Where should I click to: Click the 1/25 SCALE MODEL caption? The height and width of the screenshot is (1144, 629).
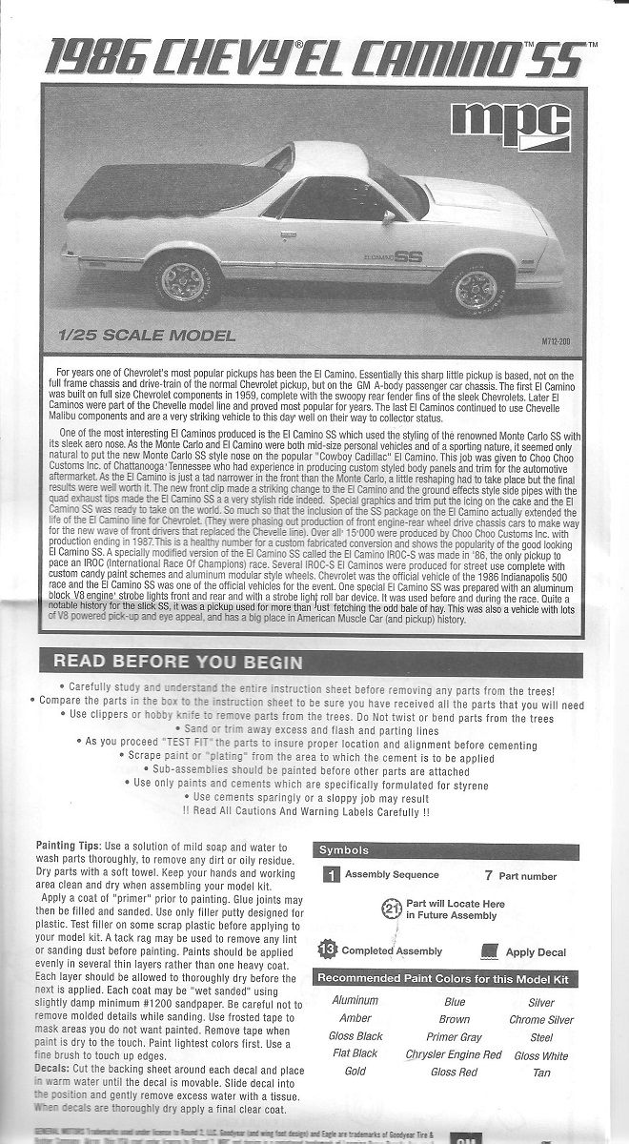coord(146,336)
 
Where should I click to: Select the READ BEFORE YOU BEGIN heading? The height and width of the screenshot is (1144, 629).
coord(178,662)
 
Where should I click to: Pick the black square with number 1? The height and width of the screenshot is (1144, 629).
coord(331,874)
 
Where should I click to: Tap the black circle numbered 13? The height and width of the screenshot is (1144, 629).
coord(327,950)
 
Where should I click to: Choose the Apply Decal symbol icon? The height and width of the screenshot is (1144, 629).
coord(491,950)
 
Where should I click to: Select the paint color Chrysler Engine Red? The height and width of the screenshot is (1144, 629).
coord(453,1054)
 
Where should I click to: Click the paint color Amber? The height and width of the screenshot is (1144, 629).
coord(355,1019)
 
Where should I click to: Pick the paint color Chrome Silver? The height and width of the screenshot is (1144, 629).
coord(540,1019)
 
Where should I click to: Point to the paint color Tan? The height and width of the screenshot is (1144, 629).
coord(540,1072)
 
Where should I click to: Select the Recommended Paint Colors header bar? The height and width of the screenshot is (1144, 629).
coord(445,979)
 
